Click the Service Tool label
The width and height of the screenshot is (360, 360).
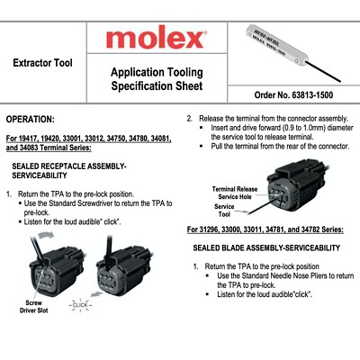pos(224,211)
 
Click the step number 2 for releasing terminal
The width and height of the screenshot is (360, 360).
pos(189,118)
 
